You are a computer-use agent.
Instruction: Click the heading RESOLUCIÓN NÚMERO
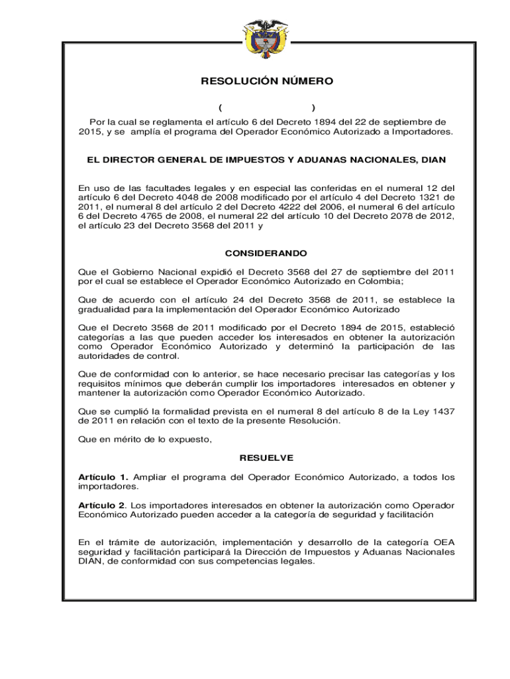267,82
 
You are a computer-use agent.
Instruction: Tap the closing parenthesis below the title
313,108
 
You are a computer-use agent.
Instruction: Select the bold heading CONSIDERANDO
266,254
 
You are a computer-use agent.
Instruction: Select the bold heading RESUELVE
266,458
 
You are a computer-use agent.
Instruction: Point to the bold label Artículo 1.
103,477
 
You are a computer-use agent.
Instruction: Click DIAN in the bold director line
433,160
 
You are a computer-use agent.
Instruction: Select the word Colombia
389,281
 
